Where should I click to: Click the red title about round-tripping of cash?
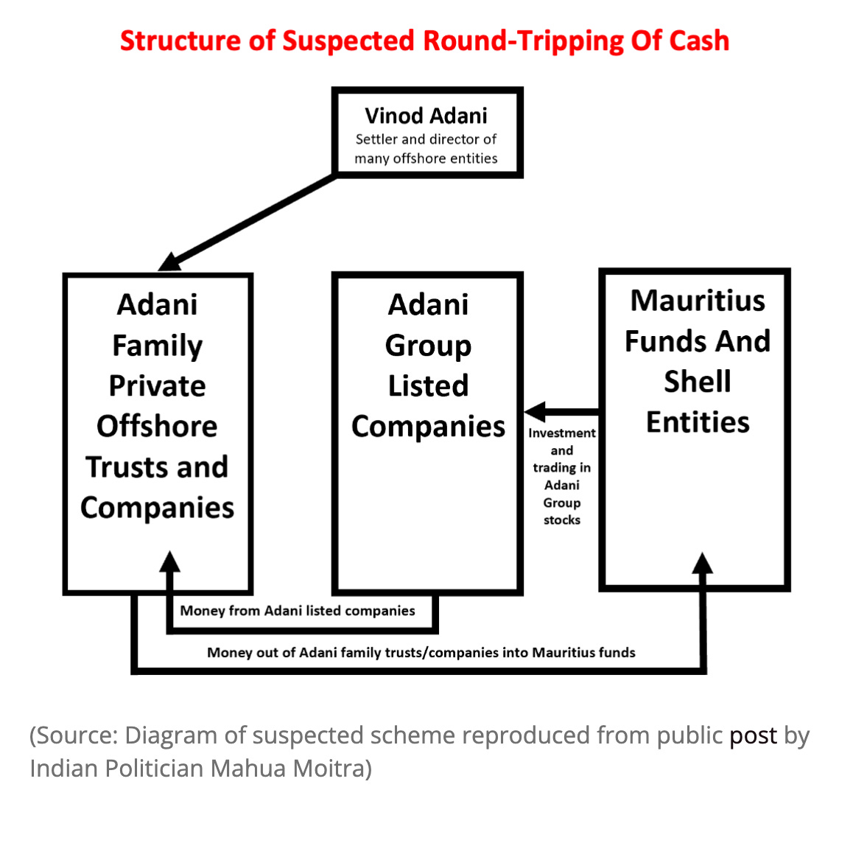(x=424, y=41)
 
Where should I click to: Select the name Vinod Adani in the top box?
(x=426, y=116)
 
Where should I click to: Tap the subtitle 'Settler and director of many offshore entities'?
(x=426, y=149)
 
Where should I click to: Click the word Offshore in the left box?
(x=157, y=426)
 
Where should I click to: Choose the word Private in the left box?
(x=157, y=385)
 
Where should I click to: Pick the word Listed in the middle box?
(x=428, y=385)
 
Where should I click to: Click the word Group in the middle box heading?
(x=428, y=345)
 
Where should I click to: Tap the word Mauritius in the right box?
(x=697, y=301)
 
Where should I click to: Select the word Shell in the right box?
(x=697, y=382)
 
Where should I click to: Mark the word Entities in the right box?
(x=697, y=422)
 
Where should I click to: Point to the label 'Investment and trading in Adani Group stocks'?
(x=561, y=476)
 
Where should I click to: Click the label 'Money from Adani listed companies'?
(x=298, y=611)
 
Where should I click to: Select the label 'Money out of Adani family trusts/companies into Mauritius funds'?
(x=421, y=652)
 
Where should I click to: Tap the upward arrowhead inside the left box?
(x=170, y=562)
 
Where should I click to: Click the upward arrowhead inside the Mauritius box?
(x=703, y=563)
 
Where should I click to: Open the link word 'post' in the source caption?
(x=753, y=735)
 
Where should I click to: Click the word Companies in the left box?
(x=157, y=508)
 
